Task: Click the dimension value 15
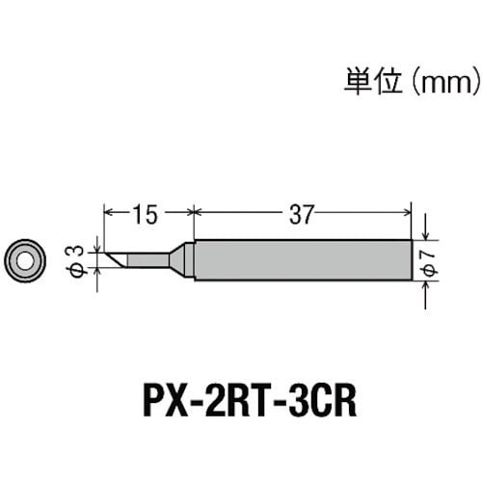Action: point(146,215)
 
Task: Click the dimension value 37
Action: point(301,215)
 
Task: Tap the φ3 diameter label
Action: point(76,260)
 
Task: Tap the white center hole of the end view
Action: point(24,260)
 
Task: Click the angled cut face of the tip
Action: point(116,260)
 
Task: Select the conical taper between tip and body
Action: point(177,260)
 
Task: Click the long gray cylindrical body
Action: point(303,260)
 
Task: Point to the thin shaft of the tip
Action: point(148,260)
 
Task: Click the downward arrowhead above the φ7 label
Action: point(426,235)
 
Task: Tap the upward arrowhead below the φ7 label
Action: point(426,285)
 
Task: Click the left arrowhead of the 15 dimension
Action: point(108,212)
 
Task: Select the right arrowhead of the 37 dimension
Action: point(407,212)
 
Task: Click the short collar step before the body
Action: point(190,260)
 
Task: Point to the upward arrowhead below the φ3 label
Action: point(97,272)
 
